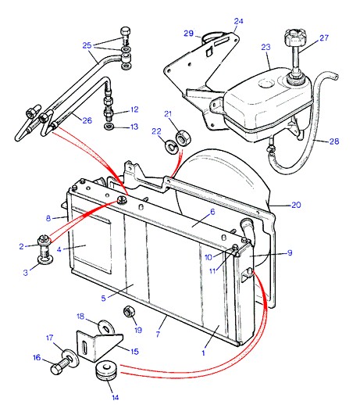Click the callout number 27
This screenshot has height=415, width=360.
pos(324,38)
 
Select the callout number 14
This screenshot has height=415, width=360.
pos(116,397)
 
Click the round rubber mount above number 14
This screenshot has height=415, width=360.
pos(106,370)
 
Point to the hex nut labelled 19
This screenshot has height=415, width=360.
pos(130,311)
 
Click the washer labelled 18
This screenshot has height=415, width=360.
pos(106,327)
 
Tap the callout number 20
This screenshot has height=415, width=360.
pos(296,205)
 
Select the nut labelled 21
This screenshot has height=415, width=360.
pos(183,138)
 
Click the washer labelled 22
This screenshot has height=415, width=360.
pos(171,146)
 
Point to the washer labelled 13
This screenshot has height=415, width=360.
pos(109,127)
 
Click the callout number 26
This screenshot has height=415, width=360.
pos(87,120)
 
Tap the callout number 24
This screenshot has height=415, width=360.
pos(238,21)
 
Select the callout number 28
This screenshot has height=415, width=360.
pos(333,141)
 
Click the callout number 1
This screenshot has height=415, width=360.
pos(203,352)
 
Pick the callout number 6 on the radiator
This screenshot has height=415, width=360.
pos(212,212)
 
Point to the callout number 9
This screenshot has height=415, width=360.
pos(290,252)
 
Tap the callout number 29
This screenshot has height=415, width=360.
pos(189,34)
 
